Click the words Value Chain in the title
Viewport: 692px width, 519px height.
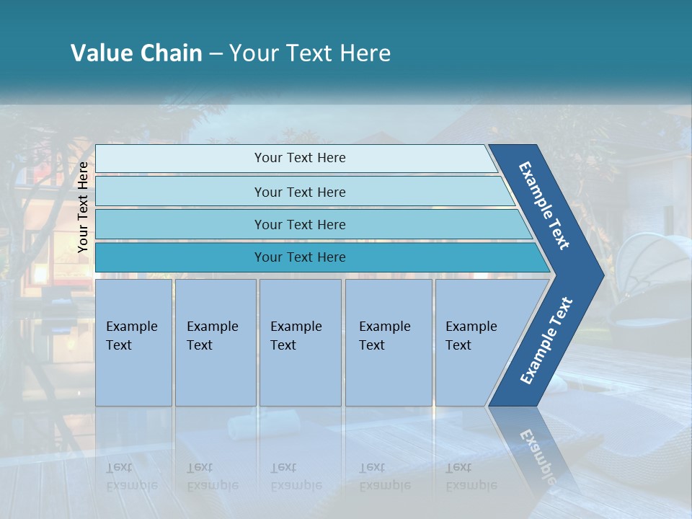[136, 53]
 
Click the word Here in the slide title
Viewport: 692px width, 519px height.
[365, 53]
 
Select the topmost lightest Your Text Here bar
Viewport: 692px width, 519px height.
[299, 158]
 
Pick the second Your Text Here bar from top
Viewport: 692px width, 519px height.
[299, 192]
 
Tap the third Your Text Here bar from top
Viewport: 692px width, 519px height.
[299, 224]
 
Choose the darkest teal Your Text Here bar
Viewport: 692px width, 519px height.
[299, 257]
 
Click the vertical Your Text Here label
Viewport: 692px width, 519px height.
[84, 207]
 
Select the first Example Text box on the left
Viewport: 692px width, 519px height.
[133, 342]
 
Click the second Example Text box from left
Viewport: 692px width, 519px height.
[215, 342]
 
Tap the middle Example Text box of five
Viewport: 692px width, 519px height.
[299, 342]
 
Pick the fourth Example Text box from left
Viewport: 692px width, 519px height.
[388, 342]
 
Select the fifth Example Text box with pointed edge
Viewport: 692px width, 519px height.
[476, 342]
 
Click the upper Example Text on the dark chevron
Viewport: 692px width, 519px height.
[544, 205]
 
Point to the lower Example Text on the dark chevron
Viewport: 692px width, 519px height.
[546, 340]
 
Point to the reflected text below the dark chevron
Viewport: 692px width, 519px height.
[538, 454]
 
